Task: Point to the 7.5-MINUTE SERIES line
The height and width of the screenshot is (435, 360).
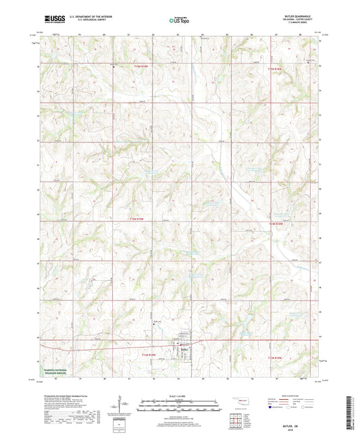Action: pos(303,26)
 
